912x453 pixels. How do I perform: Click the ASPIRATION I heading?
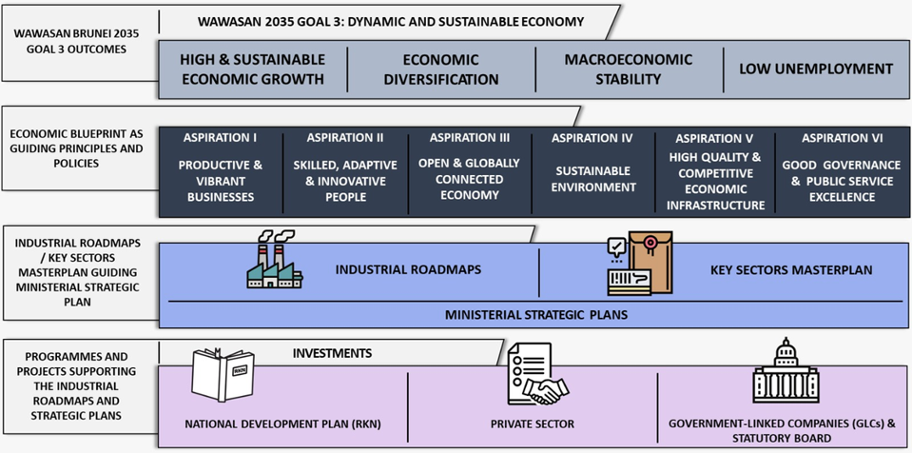coord(220,138)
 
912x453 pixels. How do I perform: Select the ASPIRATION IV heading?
coord(592,138)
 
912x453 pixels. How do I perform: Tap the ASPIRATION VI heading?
coord(842,138)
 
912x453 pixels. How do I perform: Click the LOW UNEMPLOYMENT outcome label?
coord(816,69)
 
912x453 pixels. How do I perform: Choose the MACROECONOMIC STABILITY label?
coord(628,69)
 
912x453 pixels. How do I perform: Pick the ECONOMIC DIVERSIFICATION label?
coord(440,69)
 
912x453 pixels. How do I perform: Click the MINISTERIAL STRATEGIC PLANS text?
coord(535,314)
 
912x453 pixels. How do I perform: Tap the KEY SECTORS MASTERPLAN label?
coord(790,270)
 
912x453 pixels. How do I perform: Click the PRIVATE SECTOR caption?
coord(532,424)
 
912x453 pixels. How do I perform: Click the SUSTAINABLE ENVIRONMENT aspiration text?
coord(592,179)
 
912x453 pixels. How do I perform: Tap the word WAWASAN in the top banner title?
coord(231,22)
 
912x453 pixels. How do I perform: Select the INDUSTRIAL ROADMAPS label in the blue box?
coord(408,270)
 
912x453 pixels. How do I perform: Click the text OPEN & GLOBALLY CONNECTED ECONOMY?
coord(469,179)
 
